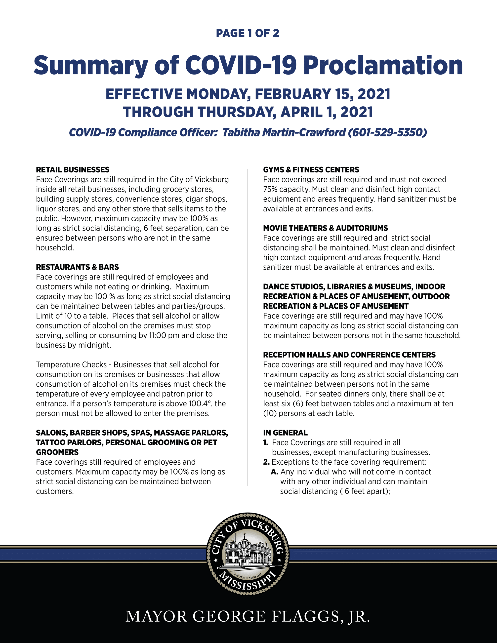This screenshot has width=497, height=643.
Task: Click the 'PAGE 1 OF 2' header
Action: pyautogui.click(x=247, y=33)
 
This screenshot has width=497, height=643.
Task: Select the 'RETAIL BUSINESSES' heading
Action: pyautogui.click(x=72, y=170)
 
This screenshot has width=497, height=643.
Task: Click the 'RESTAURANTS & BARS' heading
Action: pyautogui.click(x=77, y=267)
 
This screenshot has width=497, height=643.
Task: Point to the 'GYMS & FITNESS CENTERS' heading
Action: pyautogui.click(x=311, y=170)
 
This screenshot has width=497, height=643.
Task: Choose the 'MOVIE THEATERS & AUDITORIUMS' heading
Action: pyautogui.click(x=325, y=228)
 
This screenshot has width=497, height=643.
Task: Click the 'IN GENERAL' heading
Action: pyautogui.click(x=285, y=433)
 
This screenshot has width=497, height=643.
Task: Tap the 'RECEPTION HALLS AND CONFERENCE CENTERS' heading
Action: pyautogui.click(x=349, y=355)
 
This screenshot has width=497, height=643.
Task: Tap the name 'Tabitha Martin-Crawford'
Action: pyautogui.click(x=284, y=132)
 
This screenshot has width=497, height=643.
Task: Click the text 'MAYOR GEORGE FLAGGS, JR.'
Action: pyautogui.click(x=248, y=616)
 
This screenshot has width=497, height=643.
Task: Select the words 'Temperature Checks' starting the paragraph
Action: pyautogui.click(x=71, y=365)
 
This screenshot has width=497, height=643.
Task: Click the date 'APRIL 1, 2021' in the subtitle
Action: pyautogui.click(x=327, y=112)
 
